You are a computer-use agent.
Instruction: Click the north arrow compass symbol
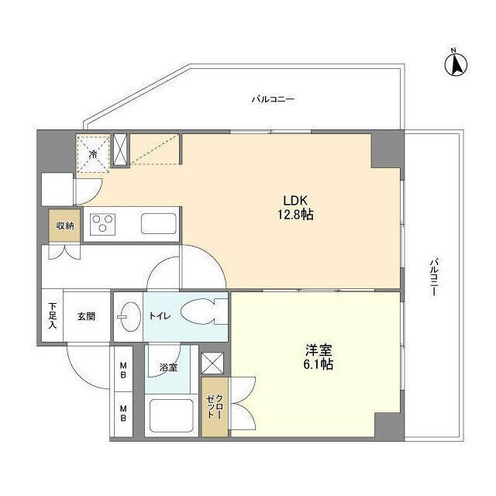click(456, 64)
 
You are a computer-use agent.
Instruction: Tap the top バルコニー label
click(272, 99)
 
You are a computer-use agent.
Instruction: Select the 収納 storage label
click(64, 226)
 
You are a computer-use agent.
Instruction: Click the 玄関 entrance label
click(85, 316)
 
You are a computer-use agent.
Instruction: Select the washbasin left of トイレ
click(127, 316)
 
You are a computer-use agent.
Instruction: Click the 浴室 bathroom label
click(168, 367)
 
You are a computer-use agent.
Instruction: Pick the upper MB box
click(122, 372)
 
